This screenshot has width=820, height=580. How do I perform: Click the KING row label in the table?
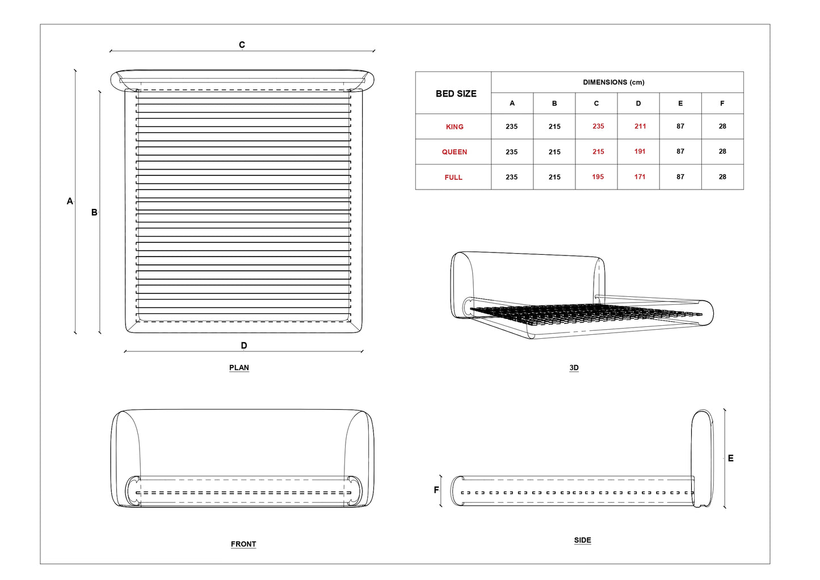pyautogui.click(x=455, y=127)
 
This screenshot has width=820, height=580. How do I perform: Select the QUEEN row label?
pyautogui.click(x=455, y=152)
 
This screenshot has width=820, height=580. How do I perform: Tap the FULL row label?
pyautogui.click(x=453, y=178)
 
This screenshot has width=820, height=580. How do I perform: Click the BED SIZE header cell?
pyautogui.click(x=456, y=94)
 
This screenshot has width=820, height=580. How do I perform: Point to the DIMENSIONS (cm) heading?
pyautogui.click(x=613, y=82)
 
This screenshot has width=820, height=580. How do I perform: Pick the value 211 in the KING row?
pyautogui.click(x=640, y=127)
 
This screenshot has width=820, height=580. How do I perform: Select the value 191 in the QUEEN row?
pyautogui.click(x=640, y=152)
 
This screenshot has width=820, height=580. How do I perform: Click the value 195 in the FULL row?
pyautogui.click(x=598, y=177)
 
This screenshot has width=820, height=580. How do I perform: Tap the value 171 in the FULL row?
pyautogui.click(x=640, y=177)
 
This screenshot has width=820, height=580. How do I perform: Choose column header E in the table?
pyautogui.click(x=680, y=103)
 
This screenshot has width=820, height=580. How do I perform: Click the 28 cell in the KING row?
pyautogui.click(x=722, y=127)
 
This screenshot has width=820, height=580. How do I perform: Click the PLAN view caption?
pyautogui.click(x=239, y=368)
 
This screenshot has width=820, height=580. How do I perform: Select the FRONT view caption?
pyautogui.click(x=243, y=544)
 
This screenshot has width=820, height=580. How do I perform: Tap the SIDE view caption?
pyautogui.click(x=582, y=540)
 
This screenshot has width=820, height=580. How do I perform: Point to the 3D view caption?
pyautogui.click(x=574, y=368)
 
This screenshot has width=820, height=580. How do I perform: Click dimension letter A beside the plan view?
pyautogui.click(x=70, y=201)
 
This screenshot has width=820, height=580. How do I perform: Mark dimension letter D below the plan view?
pyautogui.click(x=244, y=346)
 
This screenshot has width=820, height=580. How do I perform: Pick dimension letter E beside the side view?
pyautogui.click(x=730, y=459)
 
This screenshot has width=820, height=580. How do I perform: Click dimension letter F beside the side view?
pyautogui.click(x=436, y=490)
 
